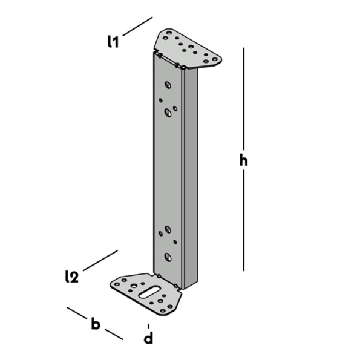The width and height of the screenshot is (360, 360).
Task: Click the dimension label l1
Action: [113, 42]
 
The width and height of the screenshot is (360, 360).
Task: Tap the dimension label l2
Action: [72, 276]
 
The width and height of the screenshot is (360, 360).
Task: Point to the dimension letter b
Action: [96, 324]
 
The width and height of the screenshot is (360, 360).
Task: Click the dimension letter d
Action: [149, 338]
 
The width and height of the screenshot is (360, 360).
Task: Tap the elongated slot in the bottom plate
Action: [149, 292]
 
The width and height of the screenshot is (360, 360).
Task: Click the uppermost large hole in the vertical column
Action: [168, 85]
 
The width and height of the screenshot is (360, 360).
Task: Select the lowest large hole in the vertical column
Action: [168, 257]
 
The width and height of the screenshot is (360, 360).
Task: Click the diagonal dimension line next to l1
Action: [137, 27]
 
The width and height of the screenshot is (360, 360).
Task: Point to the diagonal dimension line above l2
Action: [100, 261]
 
